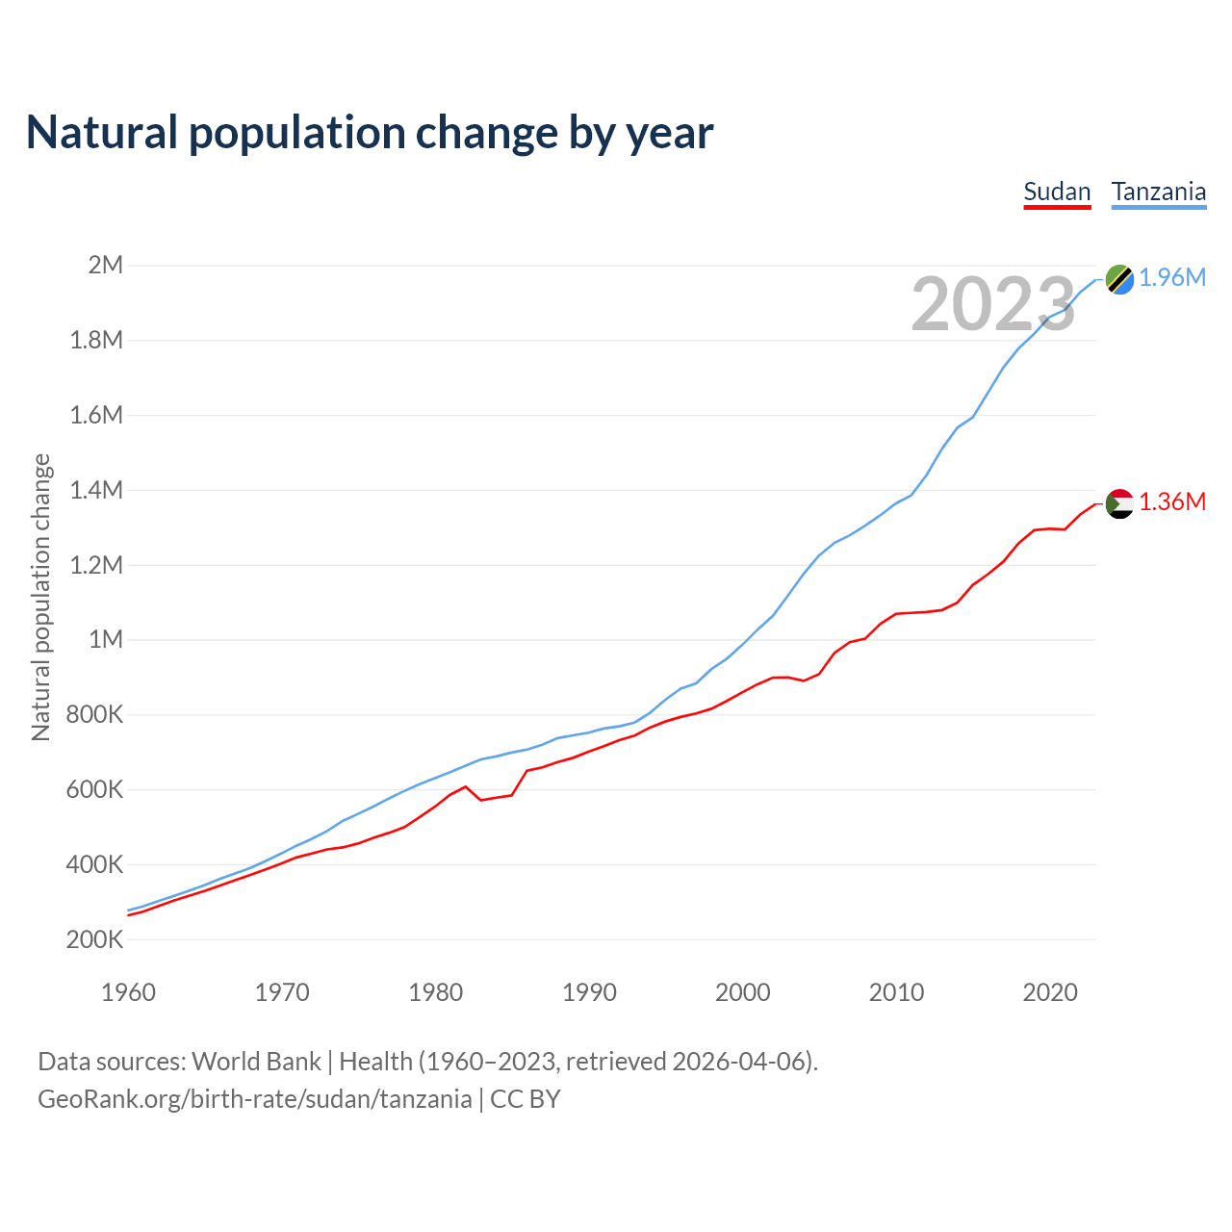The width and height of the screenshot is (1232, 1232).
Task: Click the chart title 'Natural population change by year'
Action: pos(370,133)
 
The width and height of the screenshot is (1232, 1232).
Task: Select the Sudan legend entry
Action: pos(1057,192)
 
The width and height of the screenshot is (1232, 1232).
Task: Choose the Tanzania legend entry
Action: pos(1159,192)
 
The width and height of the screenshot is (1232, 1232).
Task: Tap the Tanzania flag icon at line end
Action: pos(1119,278)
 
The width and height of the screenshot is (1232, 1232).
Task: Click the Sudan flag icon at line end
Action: pos(1119,502)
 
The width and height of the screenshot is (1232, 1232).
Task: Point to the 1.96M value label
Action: pos(1172,278)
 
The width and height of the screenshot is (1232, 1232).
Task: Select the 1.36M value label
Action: pos(1172,502)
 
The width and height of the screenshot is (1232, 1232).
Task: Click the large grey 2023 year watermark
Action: pos(993,304)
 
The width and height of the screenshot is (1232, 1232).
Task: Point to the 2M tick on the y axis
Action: pos(106,265)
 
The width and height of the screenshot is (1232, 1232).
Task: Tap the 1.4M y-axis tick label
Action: pos(96,490)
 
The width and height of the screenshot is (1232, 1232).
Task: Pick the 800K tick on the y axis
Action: pos(94,714)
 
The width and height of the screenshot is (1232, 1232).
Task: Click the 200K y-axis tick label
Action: pos(94,939)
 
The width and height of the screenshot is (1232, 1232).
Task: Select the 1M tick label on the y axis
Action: pos(106,639)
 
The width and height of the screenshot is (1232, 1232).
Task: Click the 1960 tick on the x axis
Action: pos(128,992)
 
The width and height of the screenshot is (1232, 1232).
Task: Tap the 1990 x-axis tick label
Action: pos(589,992)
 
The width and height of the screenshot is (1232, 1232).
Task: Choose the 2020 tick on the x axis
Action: pos(1050,992)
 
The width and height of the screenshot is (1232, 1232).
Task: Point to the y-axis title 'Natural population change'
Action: pos(40,598)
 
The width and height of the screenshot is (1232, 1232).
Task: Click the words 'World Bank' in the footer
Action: pos(256,1062)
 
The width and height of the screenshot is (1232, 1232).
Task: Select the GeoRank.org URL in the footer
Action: pos(255,1099)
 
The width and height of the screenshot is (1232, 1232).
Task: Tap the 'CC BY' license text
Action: pos(526,1099)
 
